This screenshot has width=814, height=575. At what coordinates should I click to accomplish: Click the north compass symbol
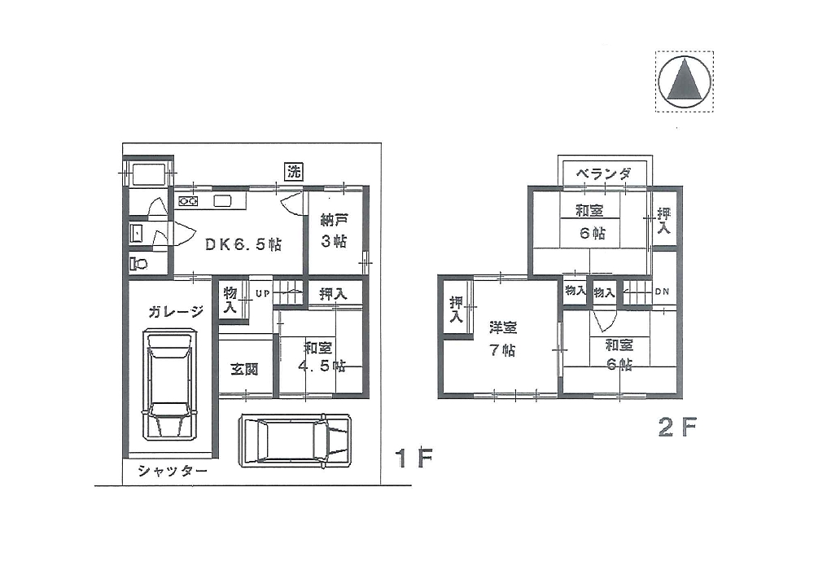point(685,81)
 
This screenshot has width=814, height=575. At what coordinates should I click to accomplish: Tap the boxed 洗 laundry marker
point(294,172)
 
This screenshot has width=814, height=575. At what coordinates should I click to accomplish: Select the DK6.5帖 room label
point(243,244)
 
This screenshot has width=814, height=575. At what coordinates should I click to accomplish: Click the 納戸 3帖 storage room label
point(334,230)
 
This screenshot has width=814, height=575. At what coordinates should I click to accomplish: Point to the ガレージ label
point(176,312)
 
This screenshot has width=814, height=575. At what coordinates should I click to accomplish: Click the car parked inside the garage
point(171,384)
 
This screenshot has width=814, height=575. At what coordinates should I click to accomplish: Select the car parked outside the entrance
point(295,439)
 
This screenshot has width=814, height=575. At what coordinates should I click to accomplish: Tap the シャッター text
point(173,471)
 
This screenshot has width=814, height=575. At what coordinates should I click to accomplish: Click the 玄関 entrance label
point(244,369)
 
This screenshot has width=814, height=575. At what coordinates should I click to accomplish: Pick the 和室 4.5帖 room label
point(322,357)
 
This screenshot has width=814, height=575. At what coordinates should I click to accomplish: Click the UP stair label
point(263,293)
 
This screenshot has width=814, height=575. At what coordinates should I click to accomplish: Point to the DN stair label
point(662,292)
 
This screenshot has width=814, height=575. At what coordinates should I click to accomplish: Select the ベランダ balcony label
point(604,173)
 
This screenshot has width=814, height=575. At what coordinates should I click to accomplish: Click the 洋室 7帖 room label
point(502,339)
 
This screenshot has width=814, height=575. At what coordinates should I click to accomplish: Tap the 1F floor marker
point(414,458)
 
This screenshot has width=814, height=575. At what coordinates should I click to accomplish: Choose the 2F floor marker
point(677,427)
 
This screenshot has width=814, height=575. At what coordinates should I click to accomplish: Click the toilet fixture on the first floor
point(138,263)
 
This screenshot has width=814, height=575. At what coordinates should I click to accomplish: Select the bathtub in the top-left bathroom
point(149,174)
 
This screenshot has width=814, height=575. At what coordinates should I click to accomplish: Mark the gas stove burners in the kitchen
point(188,201)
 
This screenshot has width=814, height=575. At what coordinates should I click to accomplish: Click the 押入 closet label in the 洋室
point(456,309)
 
